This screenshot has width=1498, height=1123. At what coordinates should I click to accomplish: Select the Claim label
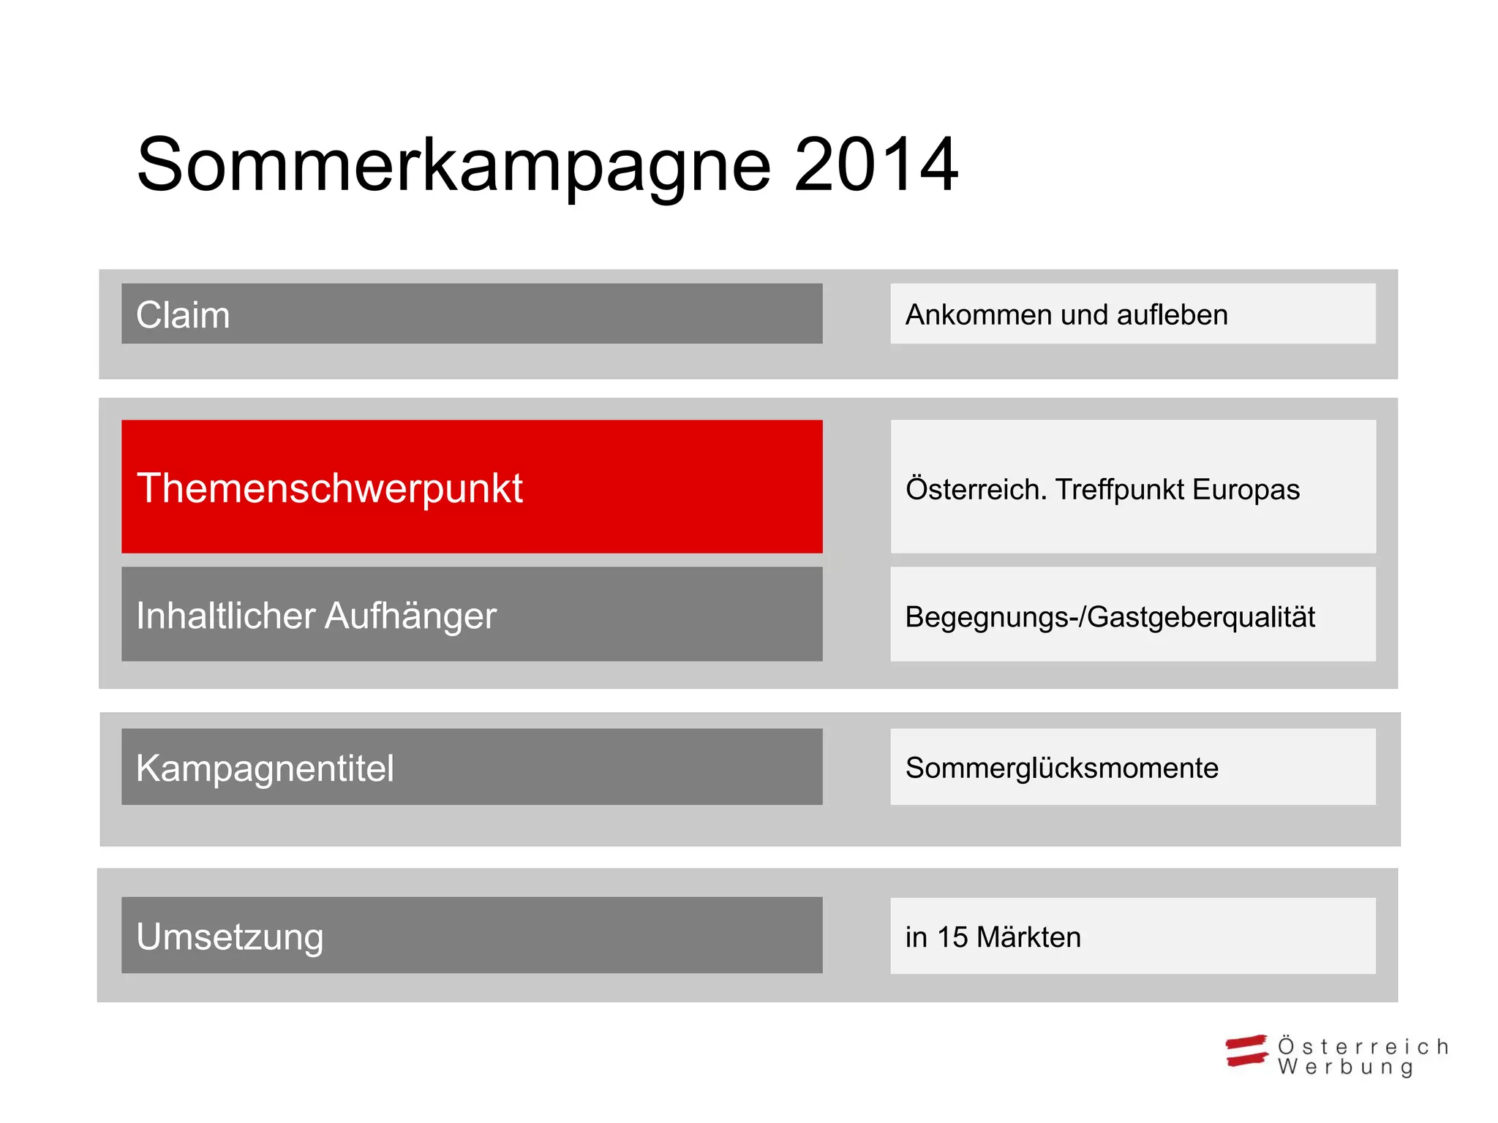183,315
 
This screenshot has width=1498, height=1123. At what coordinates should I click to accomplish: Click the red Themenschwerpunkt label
329,488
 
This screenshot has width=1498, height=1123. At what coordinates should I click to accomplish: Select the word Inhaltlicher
225,615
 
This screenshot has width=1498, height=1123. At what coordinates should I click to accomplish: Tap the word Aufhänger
410,615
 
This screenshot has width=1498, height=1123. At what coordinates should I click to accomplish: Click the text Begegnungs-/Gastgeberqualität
1110,617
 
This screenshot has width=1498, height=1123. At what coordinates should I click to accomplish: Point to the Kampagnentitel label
265,768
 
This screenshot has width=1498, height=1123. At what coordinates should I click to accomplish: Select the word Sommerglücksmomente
1061,768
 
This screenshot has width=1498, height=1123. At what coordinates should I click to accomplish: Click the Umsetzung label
230,937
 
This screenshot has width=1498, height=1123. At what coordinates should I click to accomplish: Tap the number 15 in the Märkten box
952,937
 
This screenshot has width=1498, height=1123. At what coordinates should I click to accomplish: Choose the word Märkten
1028,937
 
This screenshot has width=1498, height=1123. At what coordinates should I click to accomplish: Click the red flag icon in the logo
1246,1051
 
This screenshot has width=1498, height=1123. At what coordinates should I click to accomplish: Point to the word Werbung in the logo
1345,1067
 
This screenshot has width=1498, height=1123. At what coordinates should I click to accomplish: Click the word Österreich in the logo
1363,1046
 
